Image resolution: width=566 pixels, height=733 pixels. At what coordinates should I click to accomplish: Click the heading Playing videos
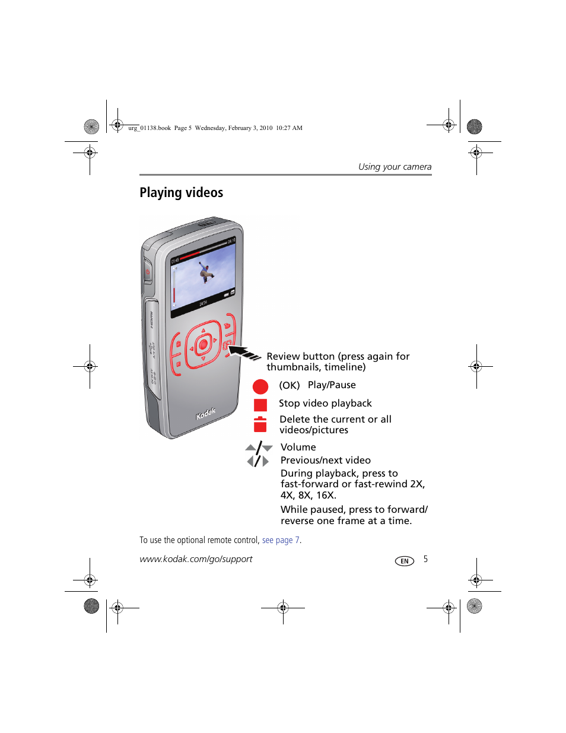[181, 192]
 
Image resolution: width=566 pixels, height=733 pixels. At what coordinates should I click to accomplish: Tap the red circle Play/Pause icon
[260, 386]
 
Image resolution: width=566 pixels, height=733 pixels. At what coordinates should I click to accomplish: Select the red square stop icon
[260, 405]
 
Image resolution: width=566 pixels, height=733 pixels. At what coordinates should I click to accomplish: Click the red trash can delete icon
[260, 424]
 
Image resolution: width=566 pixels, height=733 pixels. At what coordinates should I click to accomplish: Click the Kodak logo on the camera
[206, 413]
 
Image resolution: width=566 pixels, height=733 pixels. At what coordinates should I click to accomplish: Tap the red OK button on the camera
[203, 344]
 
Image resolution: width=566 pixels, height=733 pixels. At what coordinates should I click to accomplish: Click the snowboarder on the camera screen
[206, 273]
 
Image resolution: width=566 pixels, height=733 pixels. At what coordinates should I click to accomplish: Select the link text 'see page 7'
[281, 540]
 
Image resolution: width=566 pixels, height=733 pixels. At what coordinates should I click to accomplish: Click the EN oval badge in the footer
[405, 561]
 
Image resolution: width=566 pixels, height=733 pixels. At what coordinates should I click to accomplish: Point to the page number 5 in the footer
[425, 559]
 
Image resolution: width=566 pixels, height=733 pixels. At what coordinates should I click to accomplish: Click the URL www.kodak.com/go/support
[196, 559]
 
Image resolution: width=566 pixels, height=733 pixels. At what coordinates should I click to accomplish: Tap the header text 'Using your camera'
[395, 167]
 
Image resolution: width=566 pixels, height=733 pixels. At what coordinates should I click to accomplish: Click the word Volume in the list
[298, 447]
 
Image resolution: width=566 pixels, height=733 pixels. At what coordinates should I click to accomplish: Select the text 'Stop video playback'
[325, 403]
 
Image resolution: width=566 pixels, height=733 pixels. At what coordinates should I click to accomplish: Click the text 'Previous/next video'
[325, 460]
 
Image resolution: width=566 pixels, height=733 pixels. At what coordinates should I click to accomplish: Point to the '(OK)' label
[290, 385]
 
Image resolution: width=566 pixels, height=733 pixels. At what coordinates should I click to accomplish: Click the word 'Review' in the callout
[283, 356]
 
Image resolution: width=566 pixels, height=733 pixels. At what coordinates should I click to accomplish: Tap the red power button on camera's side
[147, 272]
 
